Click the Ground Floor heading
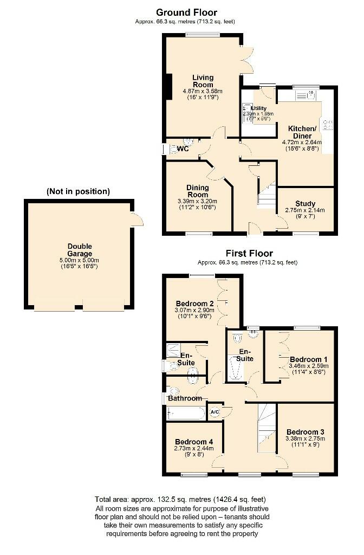(186, 12)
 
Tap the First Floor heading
(249, 253)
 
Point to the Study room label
(305, 204)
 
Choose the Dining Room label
(198, 191)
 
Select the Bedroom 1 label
(305, 359)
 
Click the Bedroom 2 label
(195, 303)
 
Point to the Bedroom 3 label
(305, 432)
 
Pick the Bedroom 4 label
(194, 442)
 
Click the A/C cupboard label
(214, 412)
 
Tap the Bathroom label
(185, 398)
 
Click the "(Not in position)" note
(79, 191)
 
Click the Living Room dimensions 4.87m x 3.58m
(203, 91)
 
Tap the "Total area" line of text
(180, 499)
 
